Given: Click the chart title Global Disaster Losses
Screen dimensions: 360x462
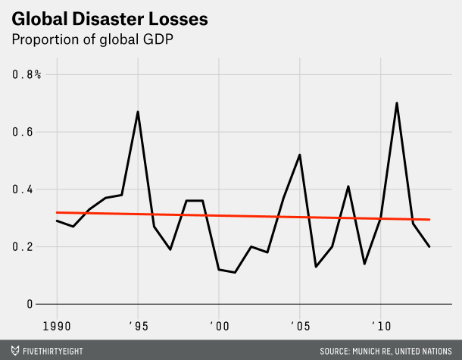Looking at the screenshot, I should point(94,16).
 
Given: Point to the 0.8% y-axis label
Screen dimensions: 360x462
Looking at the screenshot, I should point(27,74).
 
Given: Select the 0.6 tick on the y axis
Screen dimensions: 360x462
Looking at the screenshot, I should point(23,132).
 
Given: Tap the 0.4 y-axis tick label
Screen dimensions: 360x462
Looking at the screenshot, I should point(23,189).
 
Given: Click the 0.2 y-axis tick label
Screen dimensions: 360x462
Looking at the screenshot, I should point(23,247).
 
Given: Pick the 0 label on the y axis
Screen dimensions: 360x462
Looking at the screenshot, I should point(30,304).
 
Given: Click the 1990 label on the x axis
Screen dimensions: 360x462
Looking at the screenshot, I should point(57,325).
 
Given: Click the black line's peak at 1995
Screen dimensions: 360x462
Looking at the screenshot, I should point(138,112).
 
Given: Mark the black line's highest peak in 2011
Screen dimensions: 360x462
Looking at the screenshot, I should point(397,103).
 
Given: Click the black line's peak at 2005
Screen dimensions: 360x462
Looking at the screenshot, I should point(300,155).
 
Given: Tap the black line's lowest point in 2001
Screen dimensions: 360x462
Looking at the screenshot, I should point(236,272).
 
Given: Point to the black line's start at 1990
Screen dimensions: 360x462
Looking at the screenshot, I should point(57,221).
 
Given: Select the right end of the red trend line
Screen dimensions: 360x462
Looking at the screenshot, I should point(429,220).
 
